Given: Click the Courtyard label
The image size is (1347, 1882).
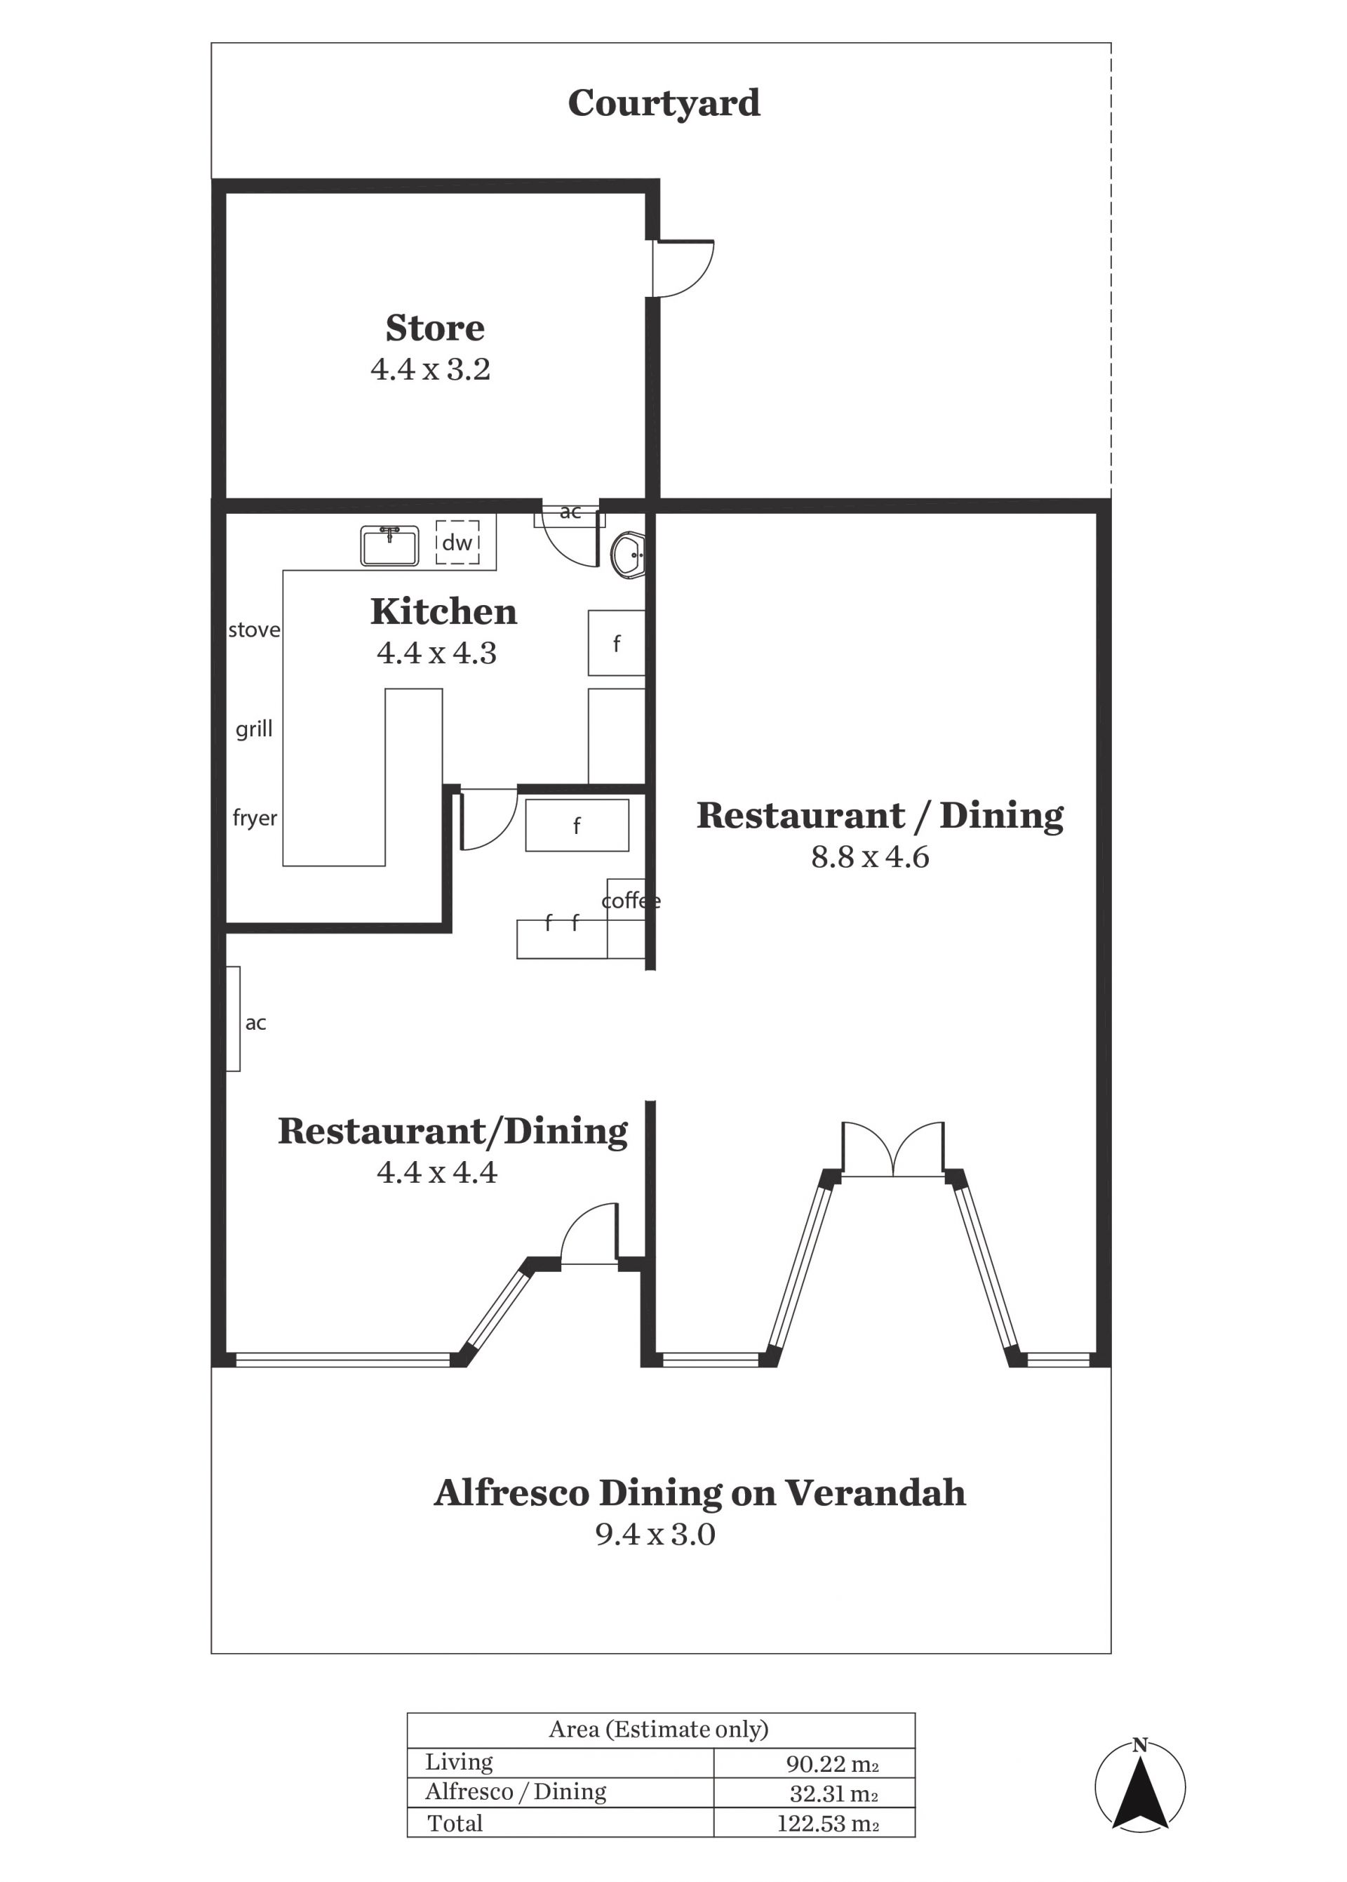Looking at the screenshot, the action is pyautogui.click(x=664, y=104).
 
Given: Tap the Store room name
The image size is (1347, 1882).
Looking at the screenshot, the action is pyautogui.click(x=435, y=328).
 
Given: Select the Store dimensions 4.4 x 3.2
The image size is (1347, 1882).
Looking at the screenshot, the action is pyautogui.click(x=431, y=369).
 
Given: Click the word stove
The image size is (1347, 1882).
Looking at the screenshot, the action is pyautogui.click(x=254, y=630).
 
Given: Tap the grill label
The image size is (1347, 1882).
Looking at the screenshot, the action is pyautogui.click(x=254, y=729).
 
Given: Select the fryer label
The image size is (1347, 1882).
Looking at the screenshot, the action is pyautogui.click(x=255, y=819).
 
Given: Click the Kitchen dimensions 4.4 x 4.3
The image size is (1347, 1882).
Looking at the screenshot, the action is pyautogui.click(x=436, y=653).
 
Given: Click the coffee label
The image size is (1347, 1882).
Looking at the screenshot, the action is pyautogui.click(x=631, y=901).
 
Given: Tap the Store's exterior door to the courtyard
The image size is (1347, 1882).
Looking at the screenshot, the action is pyautogui.click(x=683, y=268).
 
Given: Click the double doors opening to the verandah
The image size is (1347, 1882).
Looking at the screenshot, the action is pyautogui.click(x=892, y=1149).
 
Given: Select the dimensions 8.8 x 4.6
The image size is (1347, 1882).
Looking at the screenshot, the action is pyautogui.click(x=870, y=857).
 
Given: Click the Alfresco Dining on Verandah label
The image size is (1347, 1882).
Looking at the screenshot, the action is pyautogui.click(x=700, y=1493).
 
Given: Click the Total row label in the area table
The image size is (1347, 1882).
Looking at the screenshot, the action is pyautogui.click(x=455, y=1823).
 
